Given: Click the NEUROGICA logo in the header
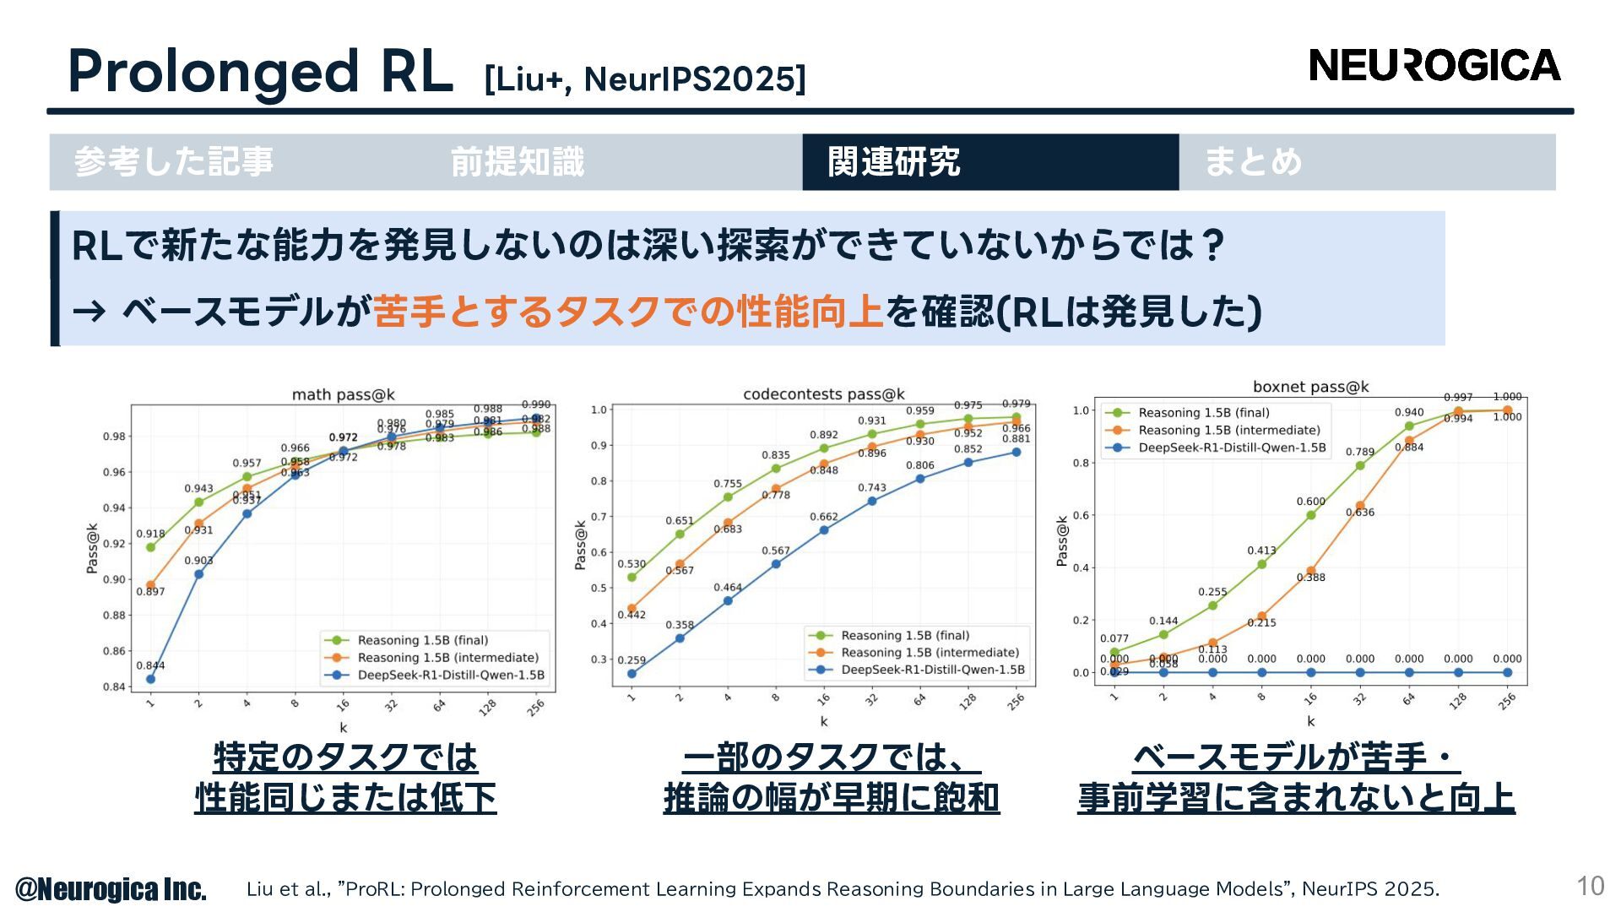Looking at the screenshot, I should tap(1434, 66).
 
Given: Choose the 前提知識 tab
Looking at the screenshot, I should tap(517, 162).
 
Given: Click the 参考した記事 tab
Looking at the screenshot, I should tap(174, 162).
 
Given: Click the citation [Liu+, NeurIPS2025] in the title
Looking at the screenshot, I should tap(645, 79).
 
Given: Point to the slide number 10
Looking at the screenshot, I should tap(1590, 886).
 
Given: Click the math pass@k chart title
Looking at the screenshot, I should tap(343, 394).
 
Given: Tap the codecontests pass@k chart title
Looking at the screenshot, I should tap(823, 394).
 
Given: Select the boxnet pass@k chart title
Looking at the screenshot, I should tap(1310, 387).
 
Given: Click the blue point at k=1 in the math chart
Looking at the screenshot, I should tap(150, 679).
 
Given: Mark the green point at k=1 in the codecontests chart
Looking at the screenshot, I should tap(632, 578).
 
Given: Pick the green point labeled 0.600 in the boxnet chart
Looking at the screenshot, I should tap(1311, 515).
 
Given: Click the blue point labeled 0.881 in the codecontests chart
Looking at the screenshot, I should tap(1017, 453).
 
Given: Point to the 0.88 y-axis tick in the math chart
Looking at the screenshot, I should tap(114, 616).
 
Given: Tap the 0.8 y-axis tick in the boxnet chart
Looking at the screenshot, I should tap(1081, 463).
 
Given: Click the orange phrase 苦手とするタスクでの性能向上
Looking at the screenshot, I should tap(628, 312).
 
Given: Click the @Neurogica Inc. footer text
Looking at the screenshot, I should tap(111, 889).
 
